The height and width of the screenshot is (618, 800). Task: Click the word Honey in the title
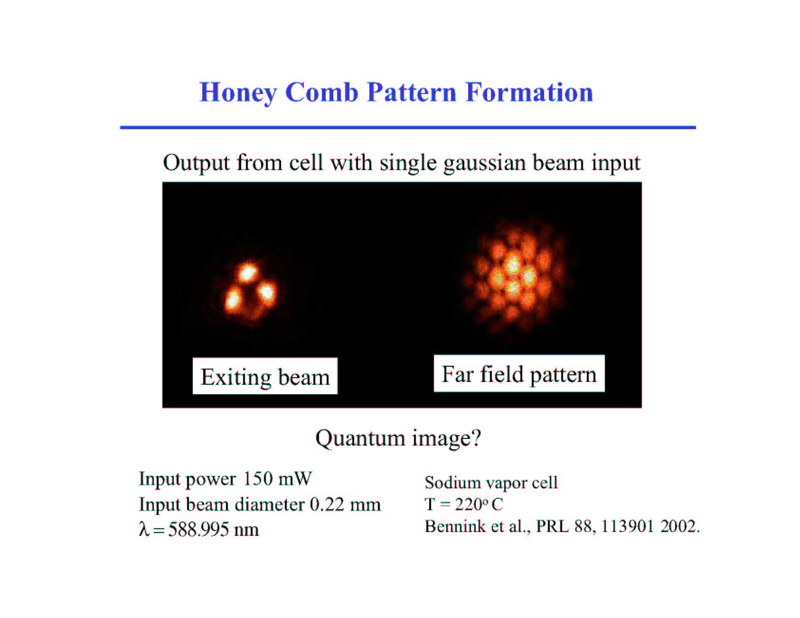click(238, 93)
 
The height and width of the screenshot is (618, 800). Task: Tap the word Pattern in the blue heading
click(411, 92)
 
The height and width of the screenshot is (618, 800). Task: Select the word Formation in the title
click(529, 92)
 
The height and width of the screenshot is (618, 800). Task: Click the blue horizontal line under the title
click(408, 127)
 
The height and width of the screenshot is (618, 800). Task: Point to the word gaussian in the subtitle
click(484, 164)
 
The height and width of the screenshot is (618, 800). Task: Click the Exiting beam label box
click(265, 376)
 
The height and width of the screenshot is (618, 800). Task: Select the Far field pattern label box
click(519, 374)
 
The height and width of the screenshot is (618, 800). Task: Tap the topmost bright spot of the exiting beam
click(247, 273)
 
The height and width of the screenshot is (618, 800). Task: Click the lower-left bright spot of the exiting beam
click(233, 301)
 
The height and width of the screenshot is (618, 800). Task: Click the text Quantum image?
click(398, 438)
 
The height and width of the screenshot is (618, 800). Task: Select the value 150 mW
click(277, 478)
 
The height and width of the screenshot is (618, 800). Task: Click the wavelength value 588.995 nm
click(214, 529)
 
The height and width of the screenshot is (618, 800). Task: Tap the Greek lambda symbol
click(144, 529)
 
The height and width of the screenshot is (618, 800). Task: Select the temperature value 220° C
click(479, 504)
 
